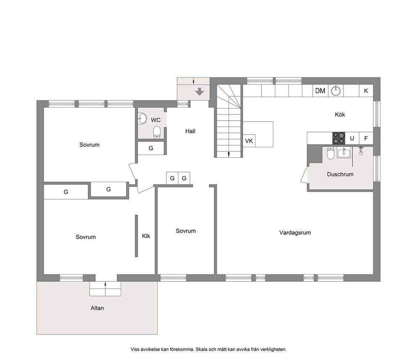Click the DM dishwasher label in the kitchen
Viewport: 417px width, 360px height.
coord(320,91)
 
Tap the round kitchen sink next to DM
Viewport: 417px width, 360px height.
coord(336,91)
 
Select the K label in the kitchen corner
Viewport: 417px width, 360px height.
coord(366,91)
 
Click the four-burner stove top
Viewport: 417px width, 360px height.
coord(338,138)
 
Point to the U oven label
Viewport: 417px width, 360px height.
coord(352,138)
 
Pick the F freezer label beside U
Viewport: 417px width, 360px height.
coord(366,138)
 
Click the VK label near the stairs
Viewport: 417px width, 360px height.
coord(249,141)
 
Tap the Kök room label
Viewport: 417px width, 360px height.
coord(340,114)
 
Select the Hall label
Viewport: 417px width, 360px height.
coord(190,131)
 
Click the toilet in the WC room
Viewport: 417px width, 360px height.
coord(157,132)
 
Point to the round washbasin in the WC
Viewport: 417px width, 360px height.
coord(142,119)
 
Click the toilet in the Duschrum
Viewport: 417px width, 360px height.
coord(330,153)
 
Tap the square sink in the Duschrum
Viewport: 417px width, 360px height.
coord(344,153)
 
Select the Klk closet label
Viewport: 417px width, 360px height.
coord(146,236)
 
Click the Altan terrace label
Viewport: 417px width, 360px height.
coord(97,308)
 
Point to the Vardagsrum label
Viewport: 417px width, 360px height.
coord(295,233)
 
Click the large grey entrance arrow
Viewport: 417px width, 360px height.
coord(199,91)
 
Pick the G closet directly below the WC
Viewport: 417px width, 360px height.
coord(151,148)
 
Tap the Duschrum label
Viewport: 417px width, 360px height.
coord(340,174)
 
